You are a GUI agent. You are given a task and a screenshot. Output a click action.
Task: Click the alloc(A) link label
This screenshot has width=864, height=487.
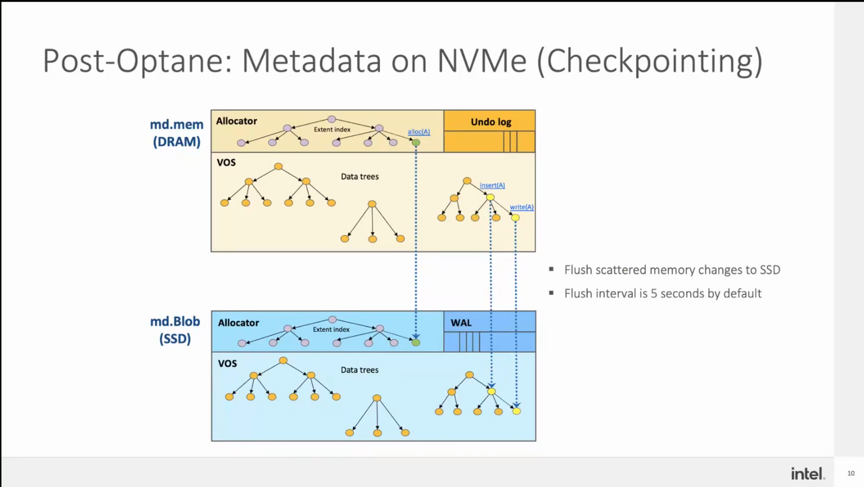pos(418,132)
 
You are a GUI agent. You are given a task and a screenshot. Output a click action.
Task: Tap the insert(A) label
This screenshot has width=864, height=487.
pos(492,185)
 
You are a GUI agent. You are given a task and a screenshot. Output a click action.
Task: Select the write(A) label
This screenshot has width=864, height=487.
pos(521,207)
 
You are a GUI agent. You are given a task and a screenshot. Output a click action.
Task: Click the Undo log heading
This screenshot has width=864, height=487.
pos(491,122)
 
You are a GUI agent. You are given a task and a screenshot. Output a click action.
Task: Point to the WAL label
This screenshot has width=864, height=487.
pos(461,323)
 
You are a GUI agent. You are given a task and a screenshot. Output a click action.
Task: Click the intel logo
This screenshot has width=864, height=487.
pos(807,473)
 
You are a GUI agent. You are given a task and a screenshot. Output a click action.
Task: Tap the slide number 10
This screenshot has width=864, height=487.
pos(851,473)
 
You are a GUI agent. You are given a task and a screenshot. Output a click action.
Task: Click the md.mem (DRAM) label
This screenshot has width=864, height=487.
pos(177,133)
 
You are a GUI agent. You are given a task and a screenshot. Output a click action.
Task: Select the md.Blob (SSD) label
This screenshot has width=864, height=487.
pos(175,330)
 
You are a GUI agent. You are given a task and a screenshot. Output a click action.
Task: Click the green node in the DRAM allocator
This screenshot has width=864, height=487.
pos(416,142)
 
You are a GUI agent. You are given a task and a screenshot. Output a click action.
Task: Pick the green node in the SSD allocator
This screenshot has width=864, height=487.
pos(416,342)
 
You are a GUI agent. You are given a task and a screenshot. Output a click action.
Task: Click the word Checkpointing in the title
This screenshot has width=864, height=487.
pos(650,61)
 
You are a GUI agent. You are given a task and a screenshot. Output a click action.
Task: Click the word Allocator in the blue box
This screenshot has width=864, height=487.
pos(238,323)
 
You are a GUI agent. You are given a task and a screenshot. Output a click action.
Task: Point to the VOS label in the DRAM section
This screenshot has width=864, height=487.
pos(226,163)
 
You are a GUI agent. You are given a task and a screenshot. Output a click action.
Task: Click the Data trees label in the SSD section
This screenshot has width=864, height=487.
pos(359,370)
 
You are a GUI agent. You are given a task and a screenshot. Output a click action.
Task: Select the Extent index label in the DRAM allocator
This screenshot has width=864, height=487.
pos(332,129)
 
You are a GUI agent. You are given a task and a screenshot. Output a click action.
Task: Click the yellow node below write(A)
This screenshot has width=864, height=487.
pos(515,218)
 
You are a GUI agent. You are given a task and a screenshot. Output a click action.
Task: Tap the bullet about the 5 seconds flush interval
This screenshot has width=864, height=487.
pos(663,293)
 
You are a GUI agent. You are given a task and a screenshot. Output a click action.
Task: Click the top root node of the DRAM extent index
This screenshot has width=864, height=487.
pos(332,119)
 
